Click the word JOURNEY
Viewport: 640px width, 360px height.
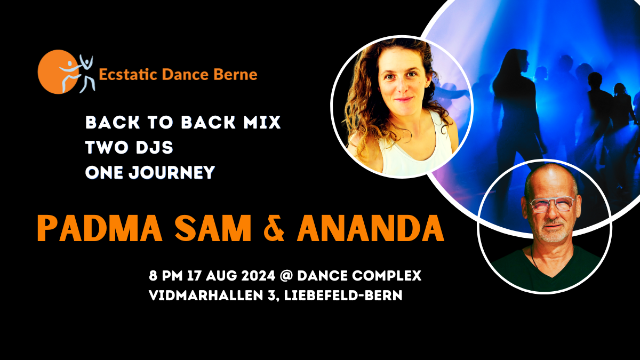point(172,173)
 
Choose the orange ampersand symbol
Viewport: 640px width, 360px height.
point(274,228)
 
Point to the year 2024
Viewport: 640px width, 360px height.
point(258,276)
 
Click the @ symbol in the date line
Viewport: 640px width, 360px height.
point(286,276)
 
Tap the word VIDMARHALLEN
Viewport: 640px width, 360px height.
point(206,295)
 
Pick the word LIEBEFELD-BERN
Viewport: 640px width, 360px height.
point(343,295)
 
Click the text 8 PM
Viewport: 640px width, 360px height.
point(166,276)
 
